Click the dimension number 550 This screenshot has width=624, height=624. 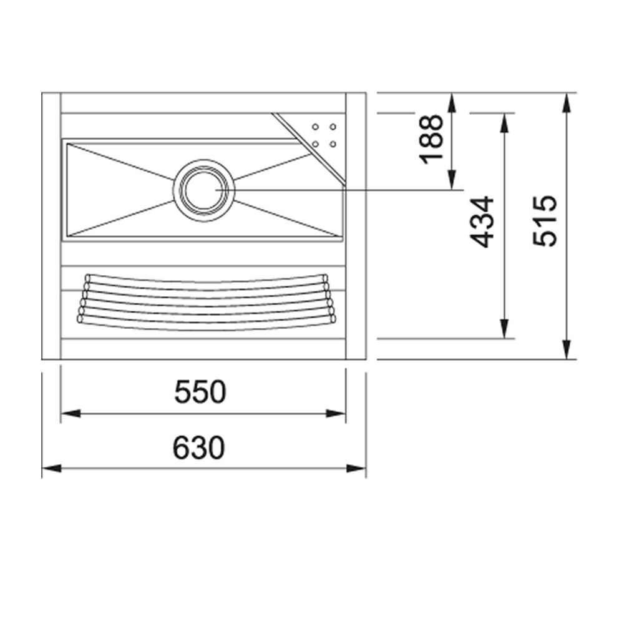click(x=200, y=392)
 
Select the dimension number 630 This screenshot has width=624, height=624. click(x=198, y=447)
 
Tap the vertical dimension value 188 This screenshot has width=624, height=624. click(x=431, y=139)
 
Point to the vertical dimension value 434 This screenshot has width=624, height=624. click(x=482, y=222)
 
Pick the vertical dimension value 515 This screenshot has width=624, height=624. click(x=545, y=220)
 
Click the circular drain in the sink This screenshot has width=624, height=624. click(x=204, y=190)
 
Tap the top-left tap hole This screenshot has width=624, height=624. click(x=315, y=127)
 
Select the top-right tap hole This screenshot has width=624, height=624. click(x=333, y=127)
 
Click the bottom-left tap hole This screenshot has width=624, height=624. click(x=315, y=144)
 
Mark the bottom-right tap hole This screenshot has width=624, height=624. click(x=333, y=144)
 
